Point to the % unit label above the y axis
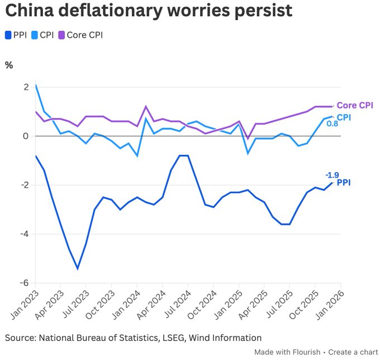[9, 65]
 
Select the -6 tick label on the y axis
[24, 283]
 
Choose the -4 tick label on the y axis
[24, 234]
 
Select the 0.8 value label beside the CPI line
[332, 124]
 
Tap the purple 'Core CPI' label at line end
[355, 105]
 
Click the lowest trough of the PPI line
[77, 269]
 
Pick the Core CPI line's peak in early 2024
[146, 106]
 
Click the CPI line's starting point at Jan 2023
[36, 85]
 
